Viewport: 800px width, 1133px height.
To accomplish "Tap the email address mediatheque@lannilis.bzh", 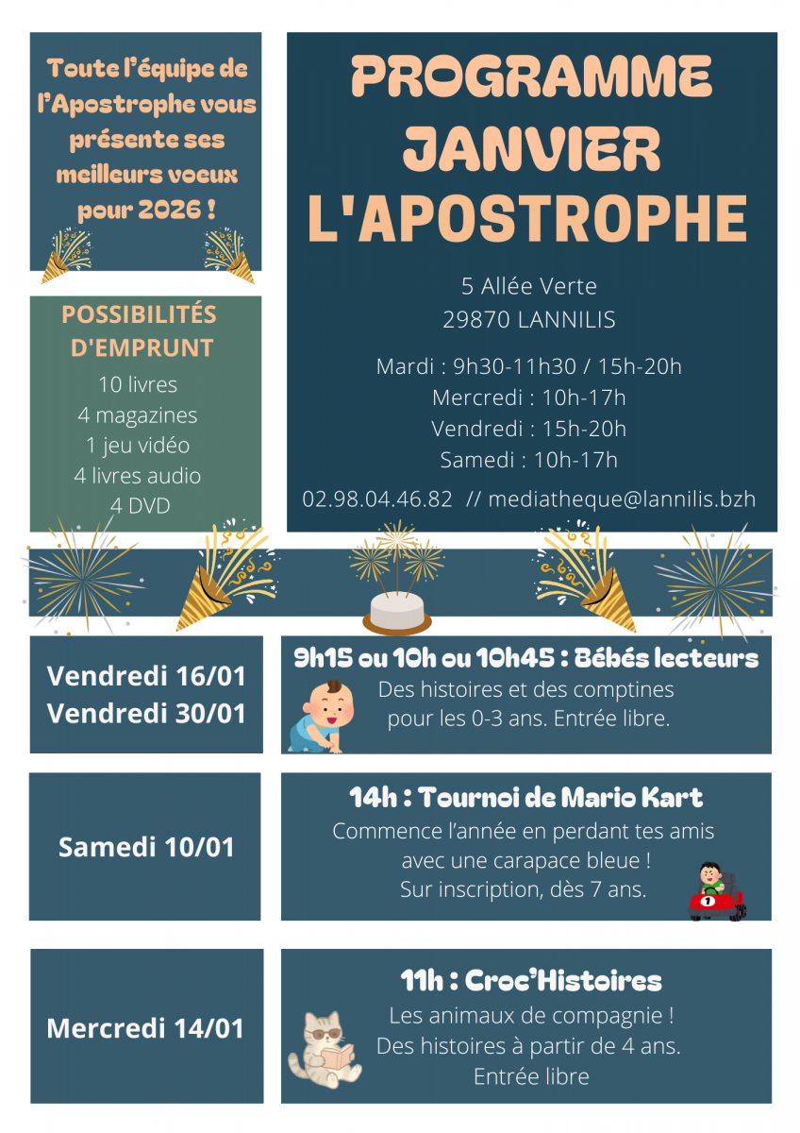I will pos(623,499).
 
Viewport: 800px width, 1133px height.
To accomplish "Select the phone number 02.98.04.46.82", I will pos(377,499).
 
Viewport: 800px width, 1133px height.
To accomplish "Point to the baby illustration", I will pos(316,716).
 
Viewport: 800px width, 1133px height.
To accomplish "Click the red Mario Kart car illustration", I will pos(717,892).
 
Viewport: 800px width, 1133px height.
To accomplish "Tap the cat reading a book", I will pos(325,1049).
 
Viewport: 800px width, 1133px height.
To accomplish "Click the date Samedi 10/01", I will pos(146,847).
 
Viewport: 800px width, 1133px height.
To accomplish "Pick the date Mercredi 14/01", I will pos(146,1027).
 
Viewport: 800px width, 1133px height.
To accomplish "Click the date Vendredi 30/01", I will pos(146,713).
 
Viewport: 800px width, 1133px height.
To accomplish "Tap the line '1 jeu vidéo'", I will pos(145,445).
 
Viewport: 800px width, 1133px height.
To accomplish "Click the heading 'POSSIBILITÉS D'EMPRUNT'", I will pos(140,330).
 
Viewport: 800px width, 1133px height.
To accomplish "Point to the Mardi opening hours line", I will pos(528,366).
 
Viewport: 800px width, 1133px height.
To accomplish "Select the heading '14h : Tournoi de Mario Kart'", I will pos(526,798).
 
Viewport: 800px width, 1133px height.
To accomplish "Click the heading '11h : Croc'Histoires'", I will pos(531,980).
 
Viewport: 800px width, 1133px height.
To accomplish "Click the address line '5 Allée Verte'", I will pos(529,286).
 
